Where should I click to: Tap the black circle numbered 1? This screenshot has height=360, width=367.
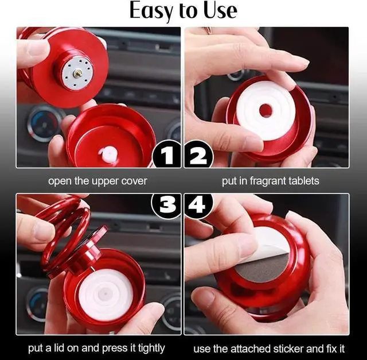pos(167,154)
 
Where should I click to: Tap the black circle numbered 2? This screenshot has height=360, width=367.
pos(198,154)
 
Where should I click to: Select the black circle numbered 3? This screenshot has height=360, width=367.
pos(167,205)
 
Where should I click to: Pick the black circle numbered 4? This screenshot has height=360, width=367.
pos(198,205)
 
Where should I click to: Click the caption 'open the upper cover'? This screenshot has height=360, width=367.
pos(97,181)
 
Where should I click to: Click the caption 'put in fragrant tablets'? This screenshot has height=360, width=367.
pos(270,181)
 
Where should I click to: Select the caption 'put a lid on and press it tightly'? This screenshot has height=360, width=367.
pos(96,348)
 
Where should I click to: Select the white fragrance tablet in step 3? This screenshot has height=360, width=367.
pos(106,293)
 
